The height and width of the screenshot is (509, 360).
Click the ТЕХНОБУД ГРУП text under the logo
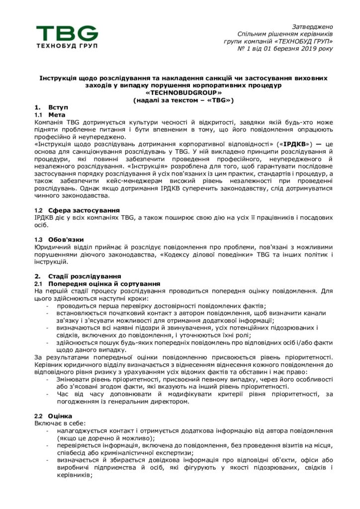[x=67, y=46]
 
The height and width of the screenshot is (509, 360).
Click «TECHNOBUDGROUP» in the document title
[x=183, y=92]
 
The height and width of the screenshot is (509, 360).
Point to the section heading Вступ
[x=58, y=107]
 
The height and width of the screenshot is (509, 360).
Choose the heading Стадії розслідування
[x=85, y=276]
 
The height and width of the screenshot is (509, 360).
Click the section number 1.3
[x=39, y=240]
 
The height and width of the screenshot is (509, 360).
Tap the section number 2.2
[x=39, y=416]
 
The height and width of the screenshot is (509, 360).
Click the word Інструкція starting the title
[x=59, y=78]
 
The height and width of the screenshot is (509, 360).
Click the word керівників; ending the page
[x=75, y=475]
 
